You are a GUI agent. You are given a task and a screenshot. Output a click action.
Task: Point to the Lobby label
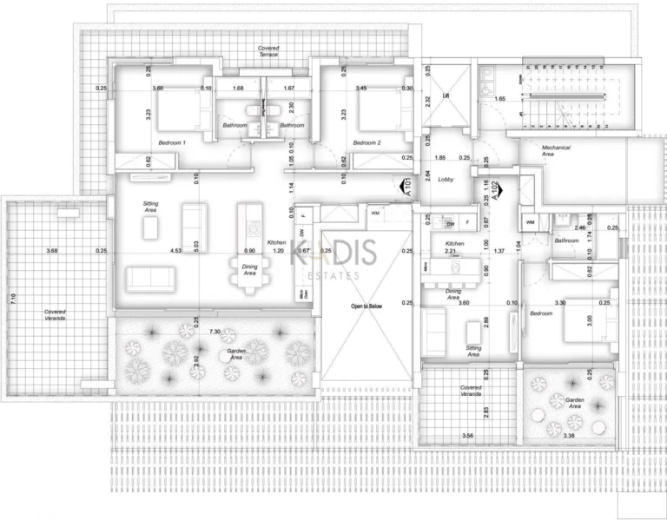[x=446, y=180]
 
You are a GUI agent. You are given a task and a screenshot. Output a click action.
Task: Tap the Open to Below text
[x=367, y=306]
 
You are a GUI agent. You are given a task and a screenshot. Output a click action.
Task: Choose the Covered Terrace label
[x=268, y=50]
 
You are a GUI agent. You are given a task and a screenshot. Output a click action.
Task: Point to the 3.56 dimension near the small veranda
[x=468, y=435]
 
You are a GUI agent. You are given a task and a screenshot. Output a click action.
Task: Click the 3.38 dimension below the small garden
[x=570, y=435]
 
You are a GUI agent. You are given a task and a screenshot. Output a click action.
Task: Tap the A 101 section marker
[x=406, y=187]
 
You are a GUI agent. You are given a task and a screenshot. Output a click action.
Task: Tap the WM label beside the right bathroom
[x=530, y=222]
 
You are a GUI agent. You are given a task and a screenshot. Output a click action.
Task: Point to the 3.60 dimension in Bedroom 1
[x=157, y=88]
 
